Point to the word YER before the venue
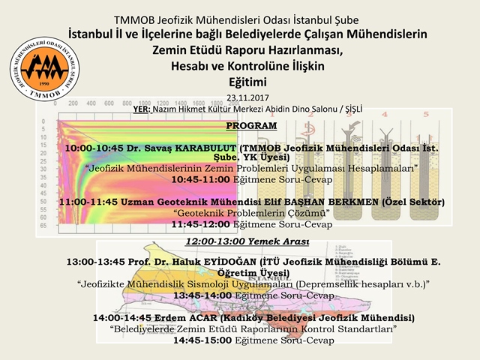coord(141,109)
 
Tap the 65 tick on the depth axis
coord(44,223)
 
